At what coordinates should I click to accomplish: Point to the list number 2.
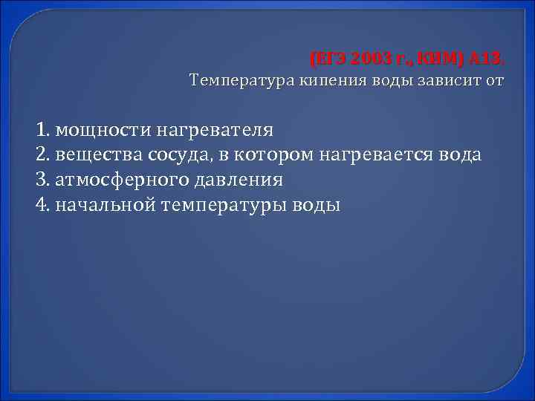point(41,155)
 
